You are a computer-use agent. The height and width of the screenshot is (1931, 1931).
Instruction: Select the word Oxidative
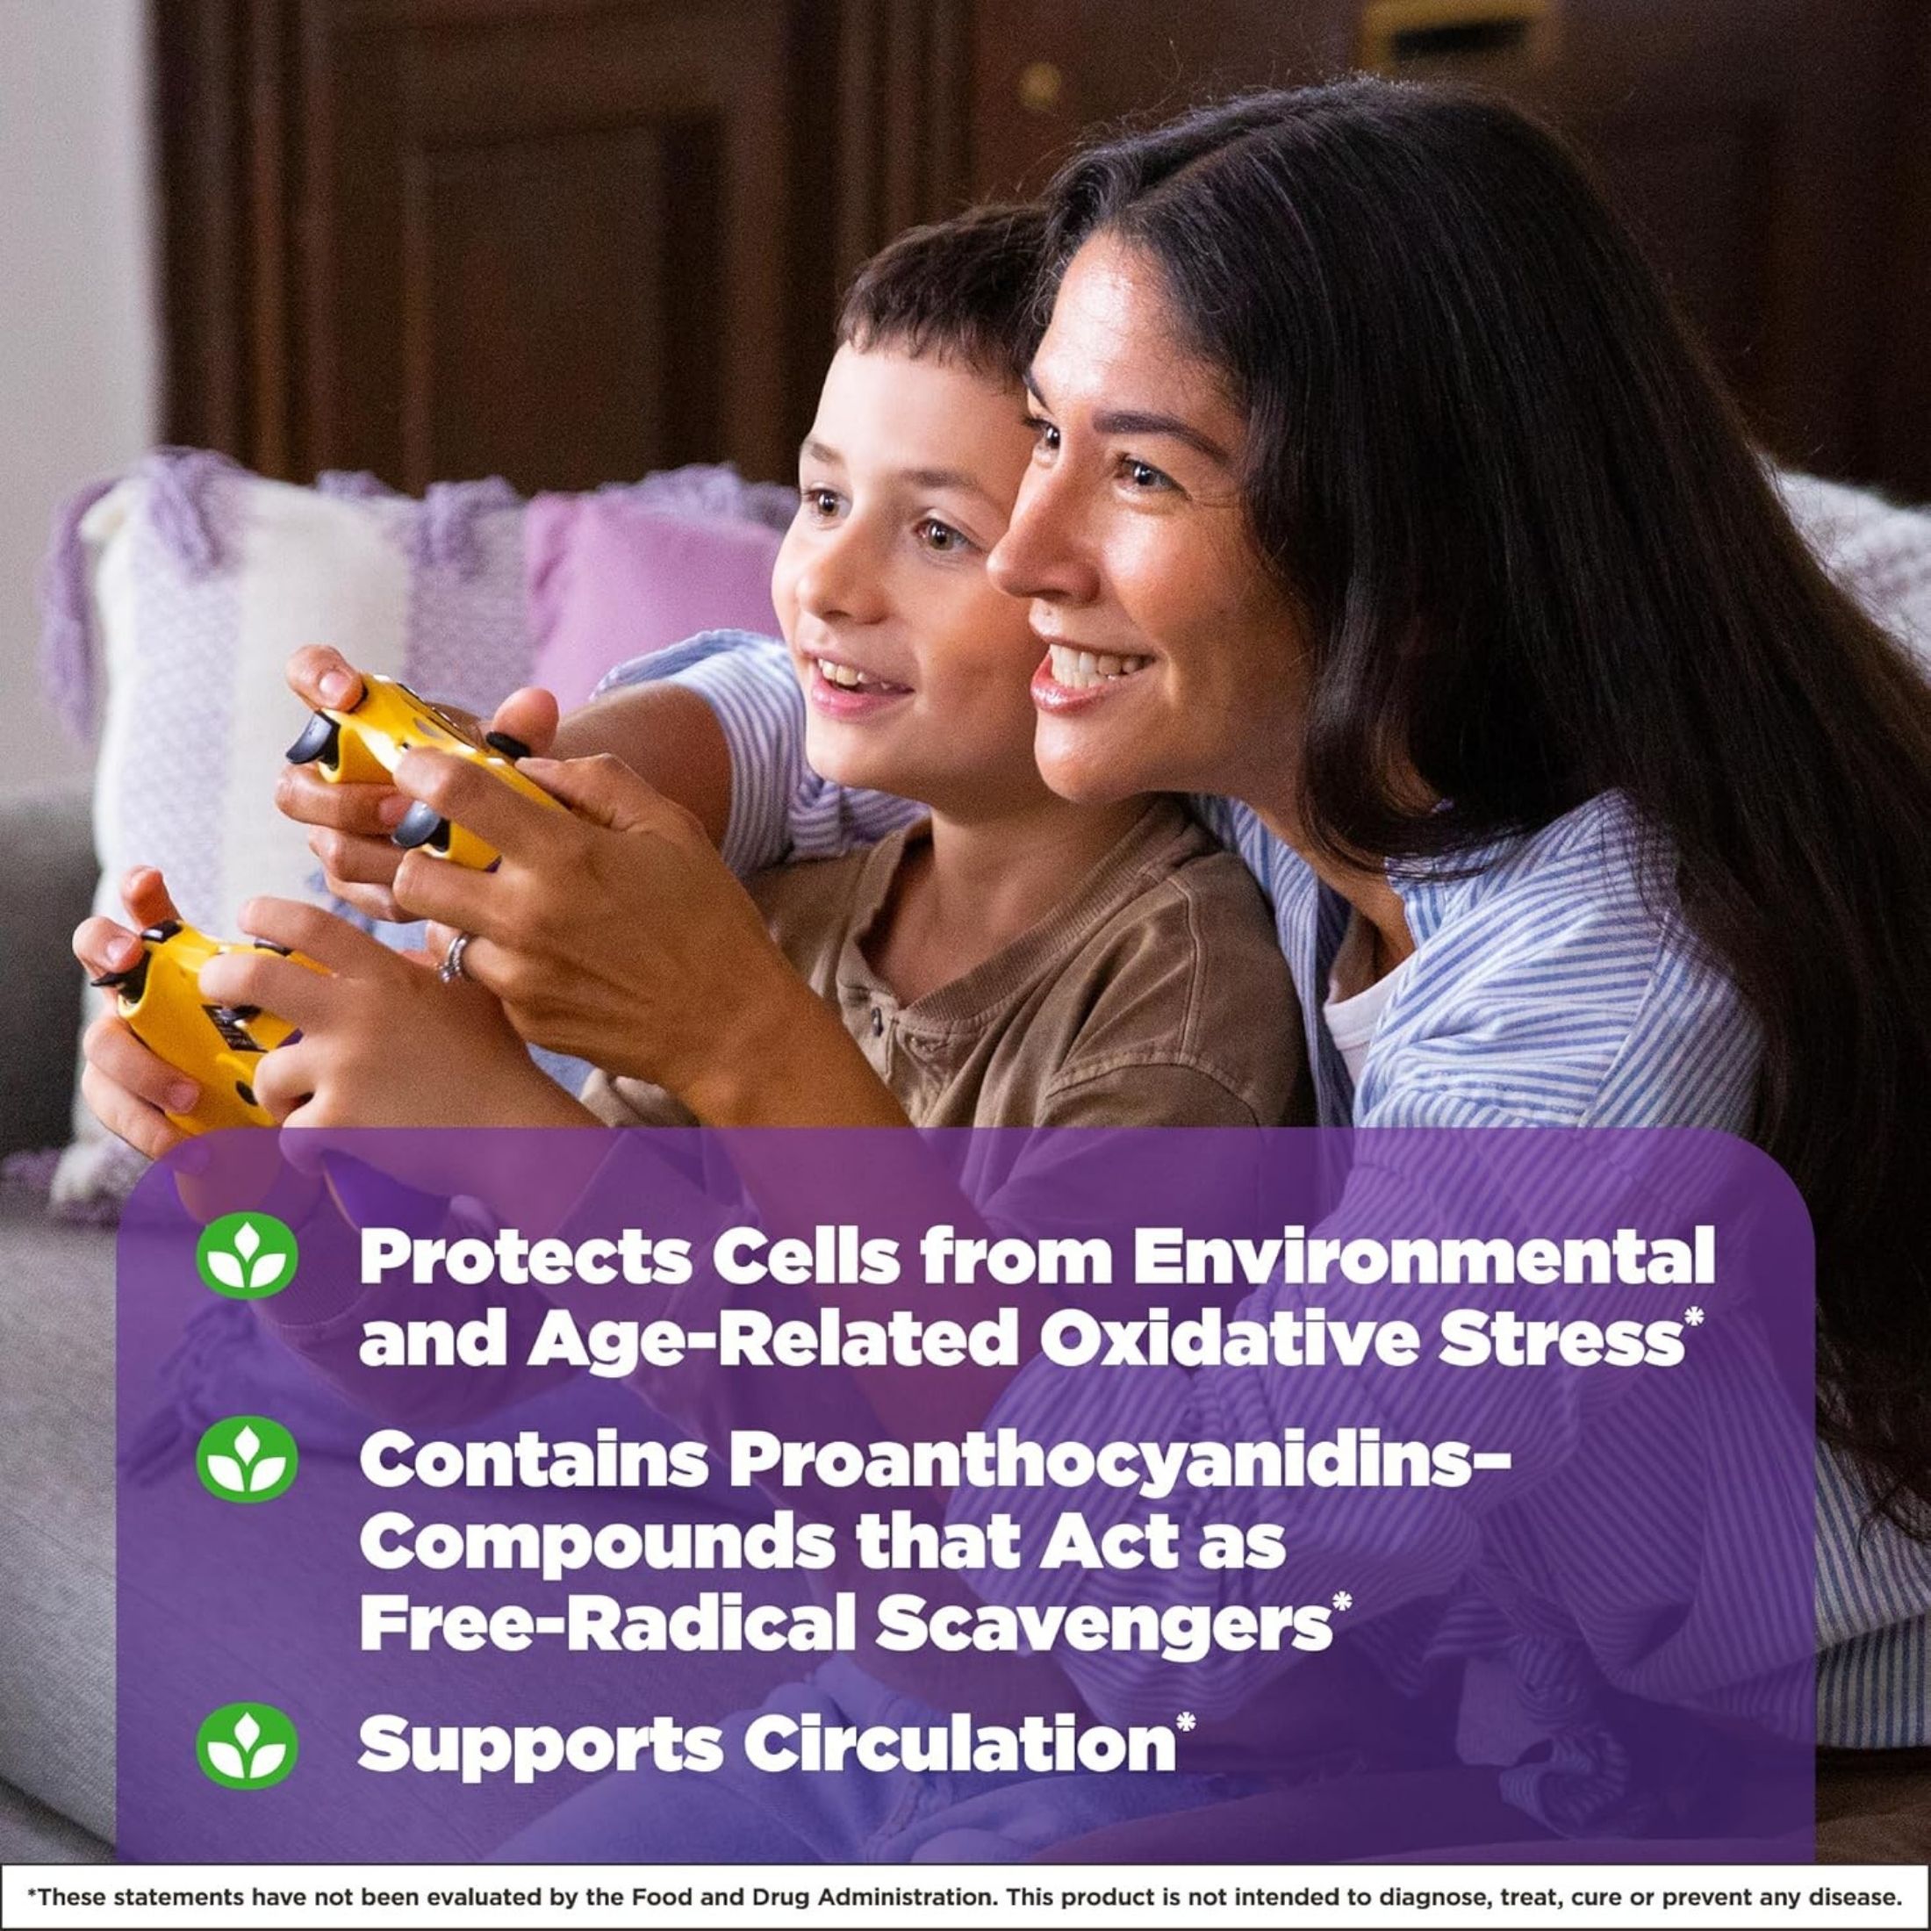tap(1209, 1340)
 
